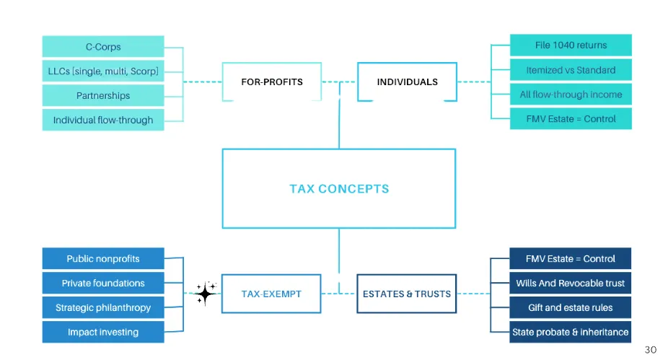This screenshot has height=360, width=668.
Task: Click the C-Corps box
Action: click(103, 46)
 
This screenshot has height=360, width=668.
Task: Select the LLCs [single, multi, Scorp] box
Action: click(103, 71)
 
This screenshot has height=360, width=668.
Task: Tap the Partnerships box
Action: click(103, 95)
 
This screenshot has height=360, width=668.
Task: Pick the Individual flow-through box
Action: click(103, 120)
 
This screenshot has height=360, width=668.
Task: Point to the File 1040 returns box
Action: click(571, 45)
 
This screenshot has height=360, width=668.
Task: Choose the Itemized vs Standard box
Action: click(571, 70)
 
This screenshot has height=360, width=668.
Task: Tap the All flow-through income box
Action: click(571, 95)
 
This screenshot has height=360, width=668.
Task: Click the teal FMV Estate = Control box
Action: click(571, 119)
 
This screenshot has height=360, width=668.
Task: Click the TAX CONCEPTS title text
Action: click(339, 189)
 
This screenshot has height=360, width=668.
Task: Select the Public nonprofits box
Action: click(103, 258)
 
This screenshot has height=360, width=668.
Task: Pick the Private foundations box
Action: click(103, 283)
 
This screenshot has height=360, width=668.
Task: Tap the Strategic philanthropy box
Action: click(103, 307)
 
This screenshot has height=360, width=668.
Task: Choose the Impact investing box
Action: click(103, 332)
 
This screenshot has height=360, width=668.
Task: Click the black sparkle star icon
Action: click(206, 293)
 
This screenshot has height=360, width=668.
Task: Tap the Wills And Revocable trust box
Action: click(570, 283)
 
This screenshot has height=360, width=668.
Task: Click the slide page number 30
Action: click(651, 350)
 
